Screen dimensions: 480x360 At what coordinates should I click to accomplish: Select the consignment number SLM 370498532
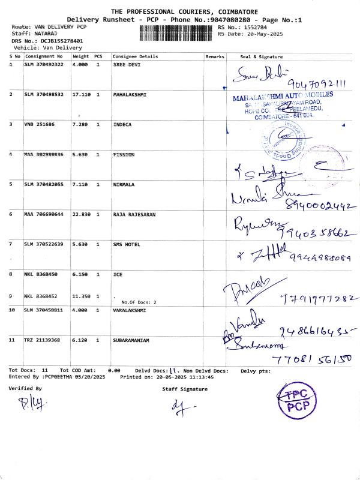click(43, 95)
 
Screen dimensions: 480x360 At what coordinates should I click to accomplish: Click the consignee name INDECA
click(122, 125)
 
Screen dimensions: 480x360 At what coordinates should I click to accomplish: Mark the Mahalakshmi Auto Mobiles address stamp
click(282, 106)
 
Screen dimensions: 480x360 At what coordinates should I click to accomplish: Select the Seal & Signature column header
click(261, 56)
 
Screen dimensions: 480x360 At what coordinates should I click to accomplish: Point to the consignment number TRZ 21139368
click(43, 340)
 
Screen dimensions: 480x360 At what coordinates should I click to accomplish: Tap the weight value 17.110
click(81, 95)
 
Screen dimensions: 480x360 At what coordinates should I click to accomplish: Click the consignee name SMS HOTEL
click(127, 244)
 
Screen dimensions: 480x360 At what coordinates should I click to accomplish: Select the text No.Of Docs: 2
click(139, 302)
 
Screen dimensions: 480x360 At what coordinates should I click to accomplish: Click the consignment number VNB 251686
click(40, 125)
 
